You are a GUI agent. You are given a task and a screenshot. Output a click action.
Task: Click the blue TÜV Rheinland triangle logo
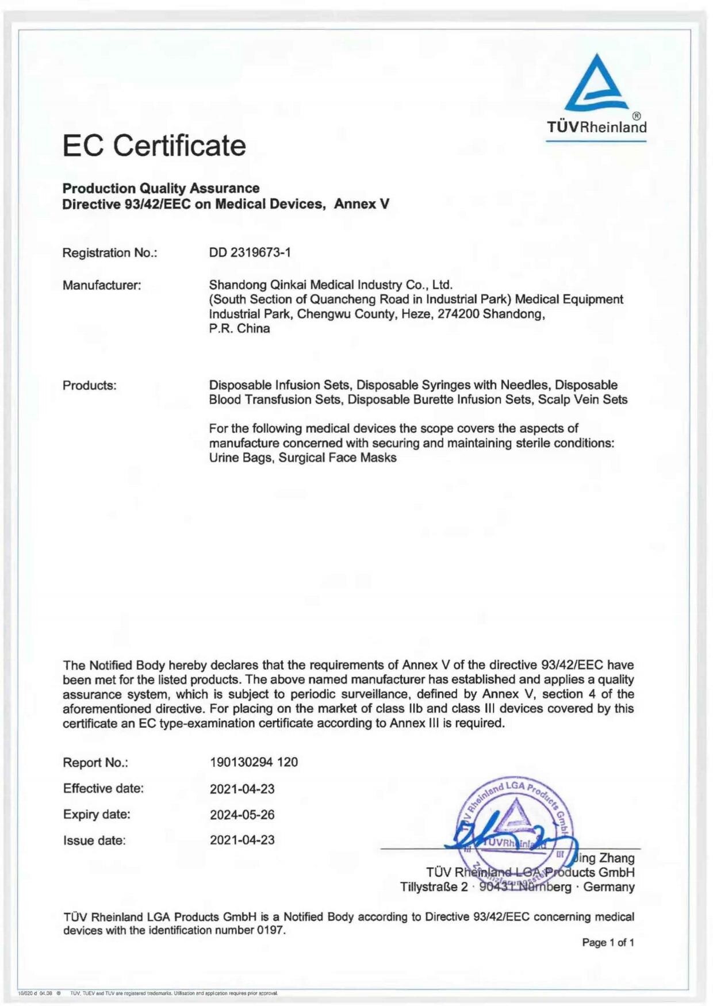pos(596,84)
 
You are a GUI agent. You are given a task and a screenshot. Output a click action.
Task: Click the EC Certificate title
pos(154,145)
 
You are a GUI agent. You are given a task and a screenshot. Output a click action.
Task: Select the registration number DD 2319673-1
pos(250,252)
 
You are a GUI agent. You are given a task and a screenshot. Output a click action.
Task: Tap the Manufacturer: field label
pos(102,285)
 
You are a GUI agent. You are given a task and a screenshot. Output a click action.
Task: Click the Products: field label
pos(89,385)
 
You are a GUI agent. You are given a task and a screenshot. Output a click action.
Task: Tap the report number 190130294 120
pos(254,762)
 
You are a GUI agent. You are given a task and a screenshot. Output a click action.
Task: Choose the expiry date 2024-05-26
pos(242,815)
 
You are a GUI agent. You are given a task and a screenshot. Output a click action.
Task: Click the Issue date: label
pos(94,840)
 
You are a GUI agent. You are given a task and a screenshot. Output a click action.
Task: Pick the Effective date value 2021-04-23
pos(242,789)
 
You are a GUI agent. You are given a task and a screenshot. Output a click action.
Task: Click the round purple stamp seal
pos(513,828)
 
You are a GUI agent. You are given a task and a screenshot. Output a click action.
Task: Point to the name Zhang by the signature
pos(616,858)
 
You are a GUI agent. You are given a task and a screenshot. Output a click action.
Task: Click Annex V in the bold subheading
pos(362,204)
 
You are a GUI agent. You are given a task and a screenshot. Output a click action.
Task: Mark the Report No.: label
pos(95,763)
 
